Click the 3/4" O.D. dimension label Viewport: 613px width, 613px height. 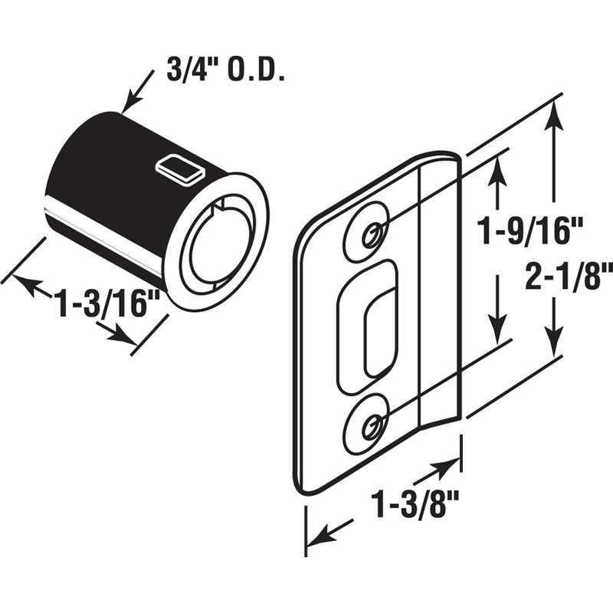click(x=225, y=70)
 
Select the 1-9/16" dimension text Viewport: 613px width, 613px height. click(x=529, y=231)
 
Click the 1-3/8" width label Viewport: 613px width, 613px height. click(x=415, y=505)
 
